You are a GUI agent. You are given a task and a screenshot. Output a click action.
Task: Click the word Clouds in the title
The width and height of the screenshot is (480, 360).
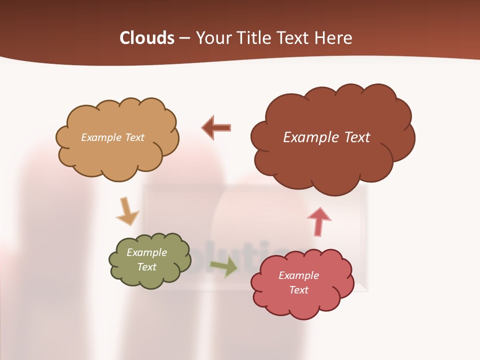pyautogui.click(x=146, y=38)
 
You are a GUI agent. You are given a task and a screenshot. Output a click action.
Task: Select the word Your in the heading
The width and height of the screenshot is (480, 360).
pyautogui.click(x=213, y=38)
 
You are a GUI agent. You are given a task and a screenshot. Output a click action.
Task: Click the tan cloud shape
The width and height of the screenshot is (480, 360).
pyautogui.click(x=117, y=155)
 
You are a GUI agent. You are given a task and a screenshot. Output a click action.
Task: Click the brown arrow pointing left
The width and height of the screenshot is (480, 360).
pyautogui.click(x=216, y=127)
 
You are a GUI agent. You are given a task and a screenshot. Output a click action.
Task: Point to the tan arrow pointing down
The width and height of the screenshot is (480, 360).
pyautogui.click(x=127, y=211)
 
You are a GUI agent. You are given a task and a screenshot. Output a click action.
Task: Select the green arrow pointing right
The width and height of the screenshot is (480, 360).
pyautogui.click(x=224, y=266)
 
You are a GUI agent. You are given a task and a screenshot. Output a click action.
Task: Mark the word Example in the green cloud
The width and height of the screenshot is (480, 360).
pyautogui.click(x=146, y=252)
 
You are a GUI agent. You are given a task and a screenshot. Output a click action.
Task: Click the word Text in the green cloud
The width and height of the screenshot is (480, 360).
pyautogui.click(x=146, y=267)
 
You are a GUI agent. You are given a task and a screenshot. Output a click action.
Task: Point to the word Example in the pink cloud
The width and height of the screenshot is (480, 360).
pyautogui.click(x=298, y=275)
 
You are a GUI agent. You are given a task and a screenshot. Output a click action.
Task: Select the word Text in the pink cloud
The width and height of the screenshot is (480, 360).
pyautogui.click(x=298, y=290)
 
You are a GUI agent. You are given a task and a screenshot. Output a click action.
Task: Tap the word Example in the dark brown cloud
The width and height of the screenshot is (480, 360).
pyautogui.click(x=310, y=137)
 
